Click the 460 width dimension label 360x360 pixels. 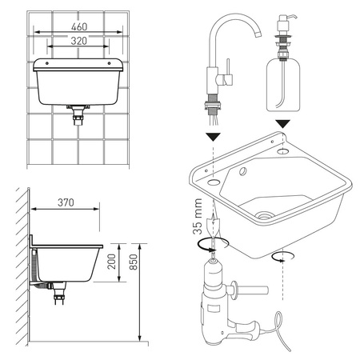coord(79,26)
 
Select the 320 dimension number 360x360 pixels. coord(79,41)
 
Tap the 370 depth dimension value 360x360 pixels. coord(66,202)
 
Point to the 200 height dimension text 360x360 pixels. coord(112,262)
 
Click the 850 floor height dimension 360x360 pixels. coord(134,262)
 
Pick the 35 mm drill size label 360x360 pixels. coord(198,216)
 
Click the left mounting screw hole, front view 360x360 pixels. coord(47,63)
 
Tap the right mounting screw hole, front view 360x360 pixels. coord(109,63)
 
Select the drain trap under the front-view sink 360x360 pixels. coord(78,114)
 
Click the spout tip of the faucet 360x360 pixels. coord(258,34)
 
